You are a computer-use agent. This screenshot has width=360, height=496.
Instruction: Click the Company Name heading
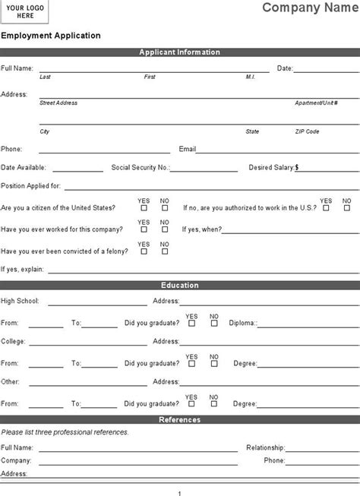[x=310, y=8]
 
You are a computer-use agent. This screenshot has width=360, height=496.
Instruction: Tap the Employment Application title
[x=51, y=36]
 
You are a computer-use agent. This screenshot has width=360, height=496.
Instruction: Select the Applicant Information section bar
[x=180, y=52]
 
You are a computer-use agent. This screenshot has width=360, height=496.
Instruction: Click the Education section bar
[x=180, y=286]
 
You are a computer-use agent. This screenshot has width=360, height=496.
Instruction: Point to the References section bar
[x=180, y=419]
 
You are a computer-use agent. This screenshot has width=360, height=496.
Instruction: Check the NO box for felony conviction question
[x=164, y=251]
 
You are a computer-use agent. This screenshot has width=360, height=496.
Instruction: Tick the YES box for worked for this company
[x=144, y=230]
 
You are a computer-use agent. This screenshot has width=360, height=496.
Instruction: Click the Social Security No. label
[x=141, y=167]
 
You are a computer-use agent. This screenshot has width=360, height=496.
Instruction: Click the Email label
[x=188, y=149]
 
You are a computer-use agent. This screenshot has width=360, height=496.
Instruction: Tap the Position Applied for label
[x=31, y=185]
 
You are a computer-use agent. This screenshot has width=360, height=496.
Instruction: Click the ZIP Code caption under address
[x=307, y=131]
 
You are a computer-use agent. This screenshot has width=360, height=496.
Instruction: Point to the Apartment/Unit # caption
[x=315, y=103]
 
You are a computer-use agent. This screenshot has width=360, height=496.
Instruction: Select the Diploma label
[x=245, y=323]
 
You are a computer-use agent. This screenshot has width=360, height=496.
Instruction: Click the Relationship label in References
[x=265, y=447]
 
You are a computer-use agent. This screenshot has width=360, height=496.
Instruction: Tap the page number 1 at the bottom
[x=179, y=490]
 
